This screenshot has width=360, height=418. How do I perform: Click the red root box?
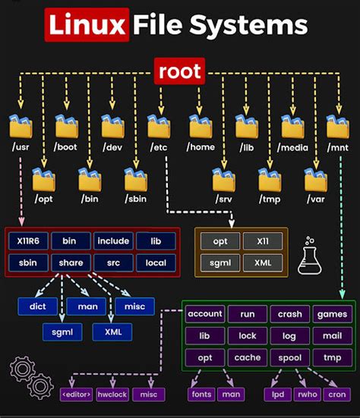(180, 71)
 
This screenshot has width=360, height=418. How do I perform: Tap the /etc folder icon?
(159, 126)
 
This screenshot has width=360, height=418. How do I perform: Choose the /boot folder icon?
(66, 126)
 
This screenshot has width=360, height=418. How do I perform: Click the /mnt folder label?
(336, 146)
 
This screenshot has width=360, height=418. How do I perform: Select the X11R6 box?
(28, 241)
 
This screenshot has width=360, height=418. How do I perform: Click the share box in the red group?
(71, 263)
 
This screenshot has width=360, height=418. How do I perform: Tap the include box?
(113, 241)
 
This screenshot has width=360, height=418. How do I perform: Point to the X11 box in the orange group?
(263, 241)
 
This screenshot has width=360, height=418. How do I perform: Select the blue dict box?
(38, 306)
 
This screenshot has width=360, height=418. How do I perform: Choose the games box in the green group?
(332, 314)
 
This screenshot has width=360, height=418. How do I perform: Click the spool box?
(289, 357)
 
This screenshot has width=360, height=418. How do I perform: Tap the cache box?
(247, 357)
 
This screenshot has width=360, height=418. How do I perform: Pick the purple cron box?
(336, 394)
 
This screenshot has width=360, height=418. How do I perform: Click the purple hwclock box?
(112, 394)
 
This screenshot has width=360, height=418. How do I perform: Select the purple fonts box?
(201, 394)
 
